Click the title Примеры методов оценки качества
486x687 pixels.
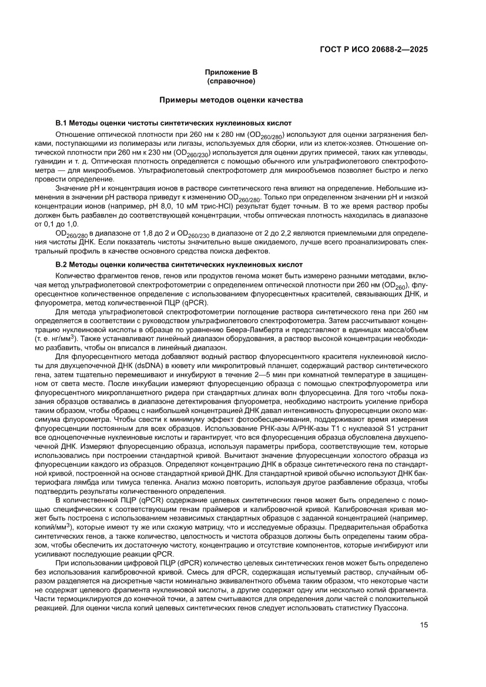tap(231, 100)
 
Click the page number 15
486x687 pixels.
tap(423, 625)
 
